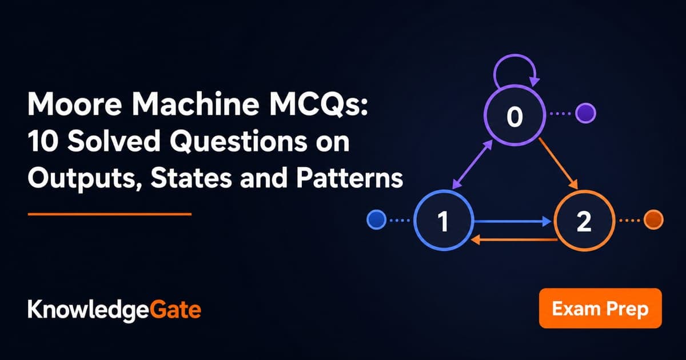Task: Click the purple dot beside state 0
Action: coord(585,113)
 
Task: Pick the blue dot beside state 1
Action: coord(376,219)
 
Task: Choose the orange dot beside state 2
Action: coord(653,219)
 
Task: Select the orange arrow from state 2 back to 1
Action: coord(514,239)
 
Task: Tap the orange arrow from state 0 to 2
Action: coord(558,163)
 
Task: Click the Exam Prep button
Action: coord(600,308)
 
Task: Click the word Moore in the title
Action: coord(75,104)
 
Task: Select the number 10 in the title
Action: coord(43,141)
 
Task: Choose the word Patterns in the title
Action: coord(349,178)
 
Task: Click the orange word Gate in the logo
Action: coord(176,310)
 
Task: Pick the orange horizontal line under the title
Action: coord(110,214)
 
